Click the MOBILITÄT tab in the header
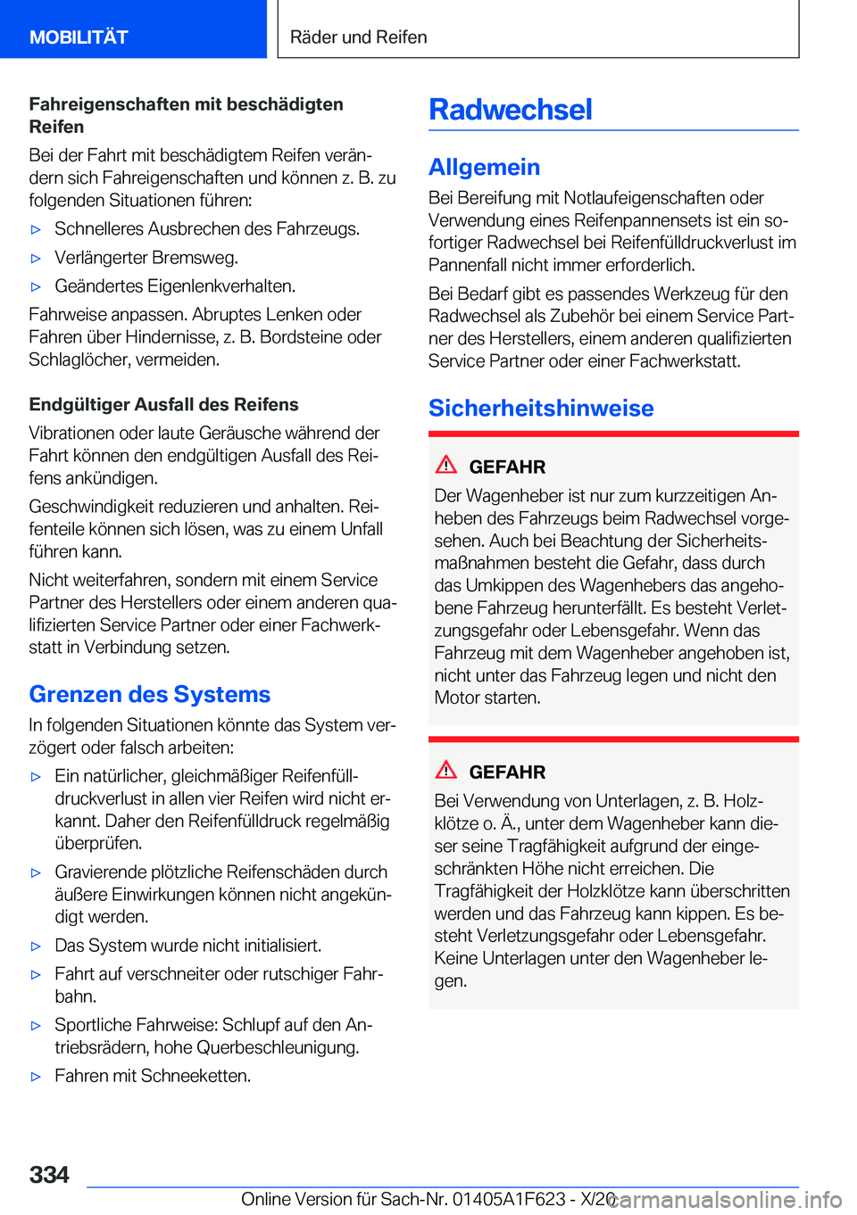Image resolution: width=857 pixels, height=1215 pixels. [x=79, y=37]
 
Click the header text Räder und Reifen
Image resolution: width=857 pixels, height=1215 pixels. [x=359, y=37]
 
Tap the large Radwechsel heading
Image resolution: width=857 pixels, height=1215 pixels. [x=511, y=110]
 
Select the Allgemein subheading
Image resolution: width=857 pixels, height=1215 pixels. [x=484, y=167]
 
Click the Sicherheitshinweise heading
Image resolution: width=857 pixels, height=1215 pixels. [x=541, y=408]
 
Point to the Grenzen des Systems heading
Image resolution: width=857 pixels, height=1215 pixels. [x=150, y=694]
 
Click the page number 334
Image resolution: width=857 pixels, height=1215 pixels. [x=49, y=1175]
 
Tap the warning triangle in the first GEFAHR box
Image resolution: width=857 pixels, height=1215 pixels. [x=446, y=465]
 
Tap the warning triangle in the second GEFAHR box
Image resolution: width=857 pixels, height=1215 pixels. [x=446, y=770]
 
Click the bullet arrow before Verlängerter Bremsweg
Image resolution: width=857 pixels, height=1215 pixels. [x=37, y=259]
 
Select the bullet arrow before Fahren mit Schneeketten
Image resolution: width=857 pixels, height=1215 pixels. [x=37, y=1077]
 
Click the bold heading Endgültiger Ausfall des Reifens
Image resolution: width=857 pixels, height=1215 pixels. [x=163, y=404]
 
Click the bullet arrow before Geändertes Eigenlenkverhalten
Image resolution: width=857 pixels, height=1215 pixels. [x=37, y=287]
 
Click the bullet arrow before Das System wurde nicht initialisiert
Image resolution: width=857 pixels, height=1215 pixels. [x=37, y=946]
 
